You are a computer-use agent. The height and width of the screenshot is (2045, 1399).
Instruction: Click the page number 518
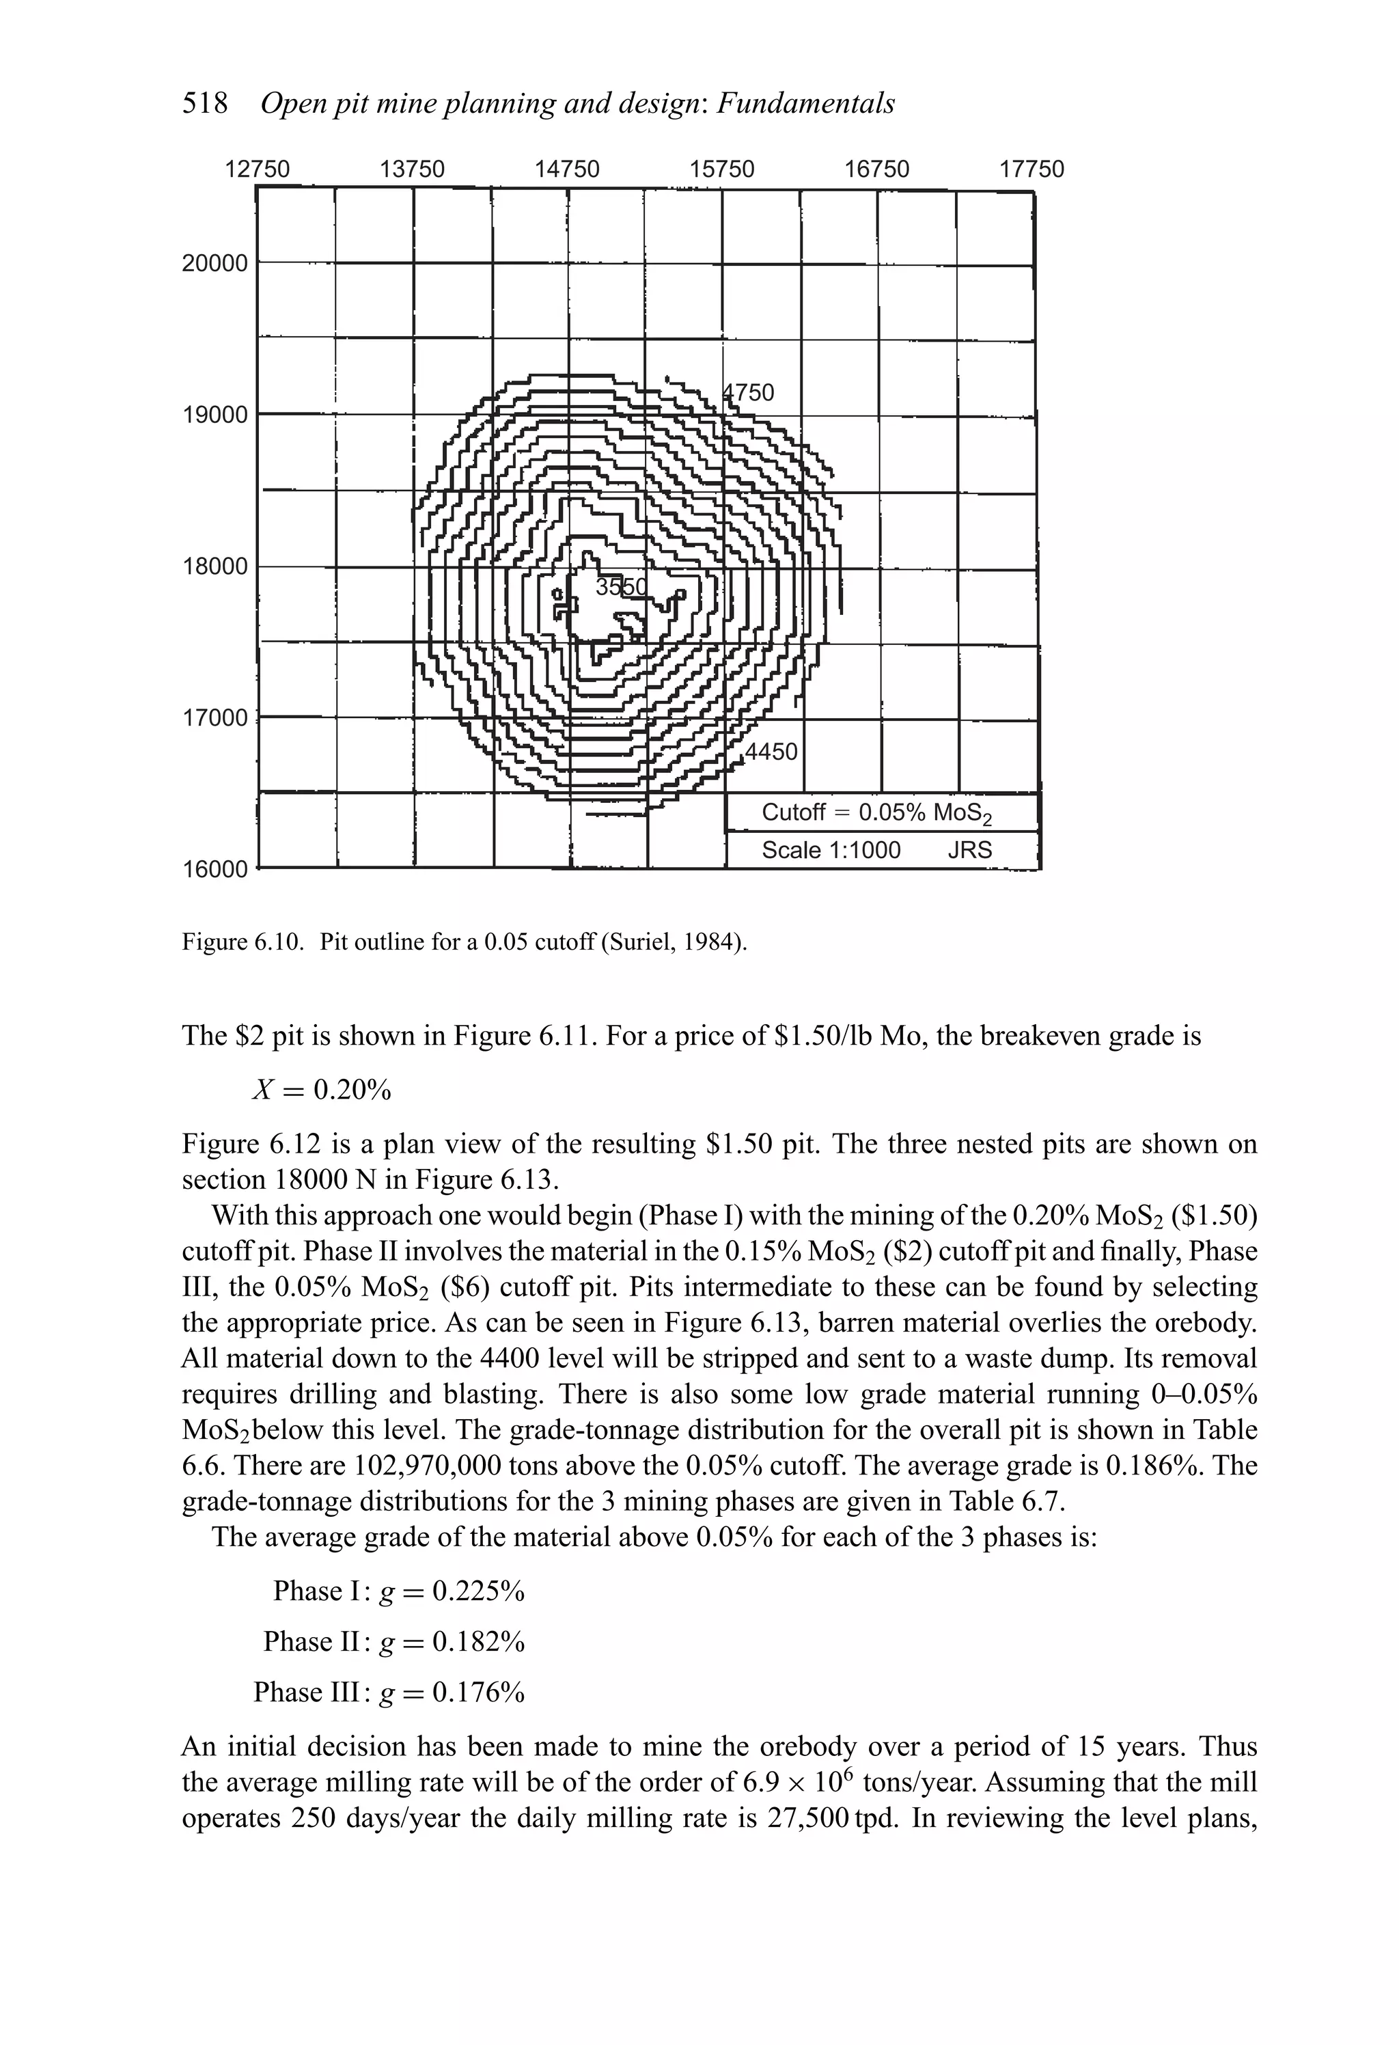(x=204, y=104)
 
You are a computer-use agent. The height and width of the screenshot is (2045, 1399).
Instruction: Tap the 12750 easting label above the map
(x=257, y=169)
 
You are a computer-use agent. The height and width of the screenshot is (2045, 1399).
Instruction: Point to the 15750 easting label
(x=721, y=169)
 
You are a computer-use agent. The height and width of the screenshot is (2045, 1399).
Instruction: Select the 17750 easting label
(x=1031, y=169)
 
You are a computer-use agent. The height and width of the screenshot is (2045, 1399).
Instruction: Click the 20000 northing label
(x=214, y=263)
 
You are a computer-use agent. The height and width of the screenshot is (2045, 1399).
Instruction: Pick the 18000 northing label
(x=214, y=566)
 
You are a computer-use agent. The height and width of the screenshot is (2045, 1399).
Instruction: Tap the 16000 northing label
(x=214, y=869)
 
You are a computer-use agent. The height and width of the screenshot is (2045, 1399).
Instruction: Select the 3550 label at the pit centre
(x=620, y=587)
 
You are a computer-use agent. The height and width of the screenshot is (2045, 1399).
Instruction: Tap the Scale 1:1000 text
(x=831, y=850)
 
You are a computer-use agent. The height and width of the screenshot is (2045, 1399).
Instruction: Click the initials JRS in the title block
(x=969, y=850)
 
